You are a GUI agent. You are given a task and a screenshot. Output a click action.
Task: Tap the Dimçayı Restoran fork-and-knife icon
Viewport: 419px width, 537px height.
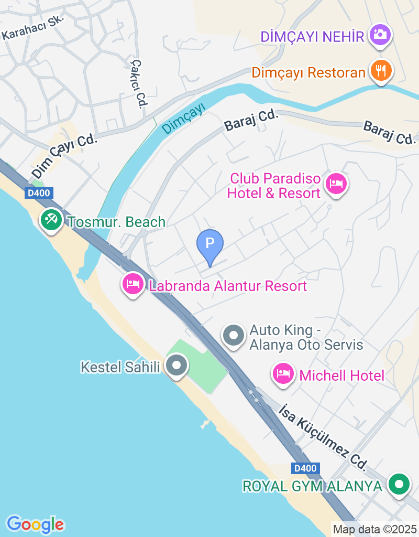381,70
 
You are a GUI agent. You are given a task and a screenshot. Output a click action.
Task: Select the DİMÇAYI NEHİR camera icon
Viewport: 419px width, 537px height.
380,35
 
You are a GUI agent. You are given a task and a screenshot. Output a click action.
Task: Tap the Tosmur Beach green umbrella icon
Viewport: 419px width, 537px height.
51,220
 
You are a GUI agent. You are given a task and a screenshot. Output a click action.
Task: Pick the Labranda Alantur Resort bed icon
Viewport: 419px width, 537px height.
133,284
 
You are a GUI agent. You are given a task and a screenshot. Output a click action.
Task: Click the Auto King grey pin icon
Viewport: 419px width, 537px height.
234,335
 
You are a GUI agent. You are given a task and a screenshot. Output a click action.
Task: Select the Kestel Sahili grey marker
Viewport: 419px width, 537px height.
177,365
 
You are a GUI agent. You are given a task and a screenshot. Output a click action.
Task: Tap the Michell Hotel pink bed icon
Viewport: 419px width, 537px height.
283,374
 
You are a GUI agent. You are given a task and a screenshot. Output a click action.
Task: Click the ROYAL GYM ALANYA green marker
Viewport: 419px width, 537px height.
399,484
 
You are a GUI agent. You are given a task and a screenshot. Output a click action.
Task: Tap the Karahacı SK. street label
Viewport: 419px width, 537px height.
32,27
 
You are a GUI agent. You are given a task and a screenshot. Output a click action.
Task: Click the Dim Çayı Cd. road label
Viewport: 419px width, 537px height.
65,155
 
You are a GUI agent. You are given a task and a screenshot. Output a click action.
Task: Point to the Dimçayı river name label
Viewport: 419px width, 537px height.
183,119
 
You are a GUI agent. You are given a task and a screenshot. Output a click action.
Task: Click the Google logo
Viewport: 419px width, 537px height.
35,524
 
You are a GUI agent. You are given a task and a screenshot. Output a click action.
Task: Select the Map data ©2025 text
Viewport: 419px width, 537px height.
374,529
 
